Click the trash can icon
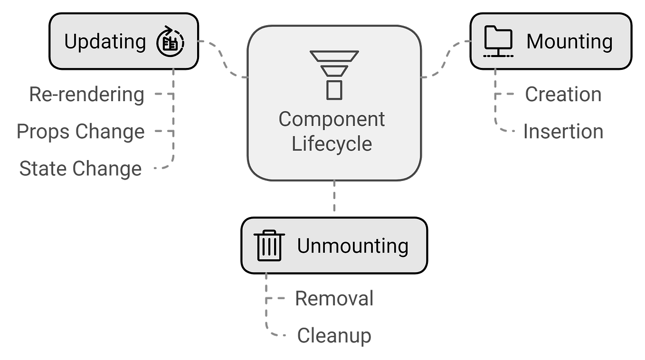click(269, 246)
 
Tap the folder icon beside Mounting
click(498, 41)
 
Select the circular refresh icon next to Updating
click(170, 41)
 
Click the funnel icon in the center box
click(334, 75)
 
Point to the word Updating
click(105, 42)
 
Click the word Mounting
click(569, 42)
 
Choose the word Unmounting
click(353, 246)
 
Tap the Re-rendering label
click(86, 95)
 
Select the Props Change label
click(81, 132)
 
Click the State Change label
click(81, 169)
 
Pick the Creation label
click(563, 94)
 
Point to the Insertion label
click(563, 132)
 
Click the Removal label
click(334, 298)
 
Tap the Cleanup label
click(334, 336)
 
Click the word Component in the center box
click(332, 120)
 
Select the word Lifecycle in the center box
click(332, 144)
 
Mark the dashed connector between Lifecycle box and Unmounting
click(334, 196)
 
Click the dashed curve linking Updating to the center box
click(222, 59)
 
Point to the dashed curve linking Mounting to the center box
click(446, 59)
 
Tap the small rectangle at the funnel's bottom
click(334, 90)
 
